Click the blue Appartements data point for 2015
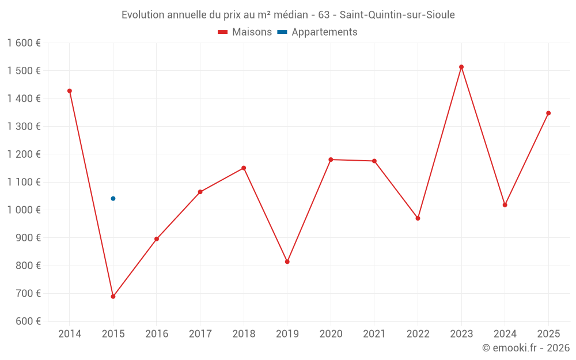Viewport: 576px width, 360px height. (x=113, y=199)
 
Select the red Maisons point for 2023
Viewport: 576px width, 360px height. (x=461, y=67)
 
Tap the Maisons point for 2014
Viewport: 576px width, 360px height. (x=70, y=91)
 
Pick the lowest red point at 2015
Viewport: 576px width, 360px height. (x=113, y=297)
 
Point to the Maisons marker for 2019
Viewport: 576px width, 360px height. (x=287, y=262)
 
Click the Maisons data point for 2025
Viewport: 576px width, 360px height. (x=548, y=113)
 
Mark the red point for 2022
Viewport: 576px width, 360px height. (x=418, y=218)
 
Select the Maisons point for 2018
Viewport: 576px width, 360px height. (x=244, y=168)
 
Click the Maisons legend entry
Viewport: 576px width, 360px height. (x=245, y=32)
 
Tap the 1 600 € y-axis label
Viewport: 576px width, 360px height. (x=24, y=43)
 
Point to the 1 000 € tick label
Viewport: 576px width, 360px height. (x=24, y=210)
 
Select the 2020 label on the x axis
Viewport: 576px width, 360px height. (x=331, y=334)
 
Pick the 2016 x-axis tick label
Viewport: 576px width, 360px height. (x=157, y=334)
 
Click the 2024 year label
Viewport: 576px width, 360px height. (x=505, y=334)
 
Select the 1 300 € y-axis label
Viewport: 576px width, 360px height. (x=24, y=127)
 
